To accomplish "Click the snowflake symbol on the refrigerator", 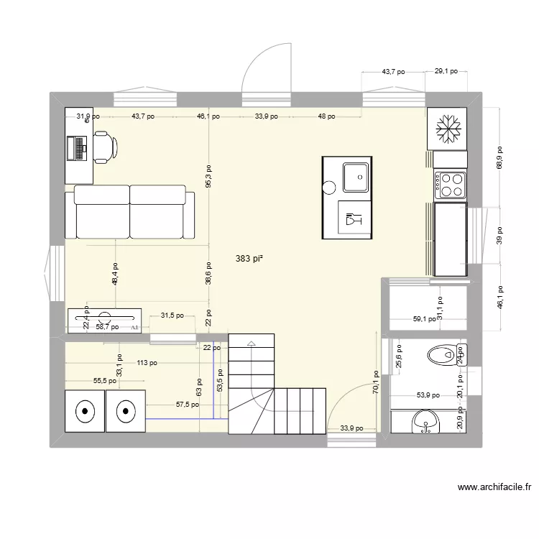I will click(449, 130).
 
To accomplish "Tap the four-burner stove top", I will click(449, 185).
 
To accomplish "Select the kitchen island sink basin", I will click(356, 176).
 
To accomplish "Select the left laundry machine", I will click(85, 411).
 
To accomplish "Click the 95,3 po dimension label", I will click(208, 177).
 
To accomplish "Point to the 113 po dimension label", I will click(147, 363).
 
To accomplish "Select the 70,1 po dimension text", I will click(375, 383).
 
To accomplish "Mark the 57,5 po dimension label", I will click(188, 405).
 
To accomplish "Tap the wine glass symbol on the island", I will click(354, 220).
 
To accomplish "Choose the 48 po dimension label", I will click(326, 116).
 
